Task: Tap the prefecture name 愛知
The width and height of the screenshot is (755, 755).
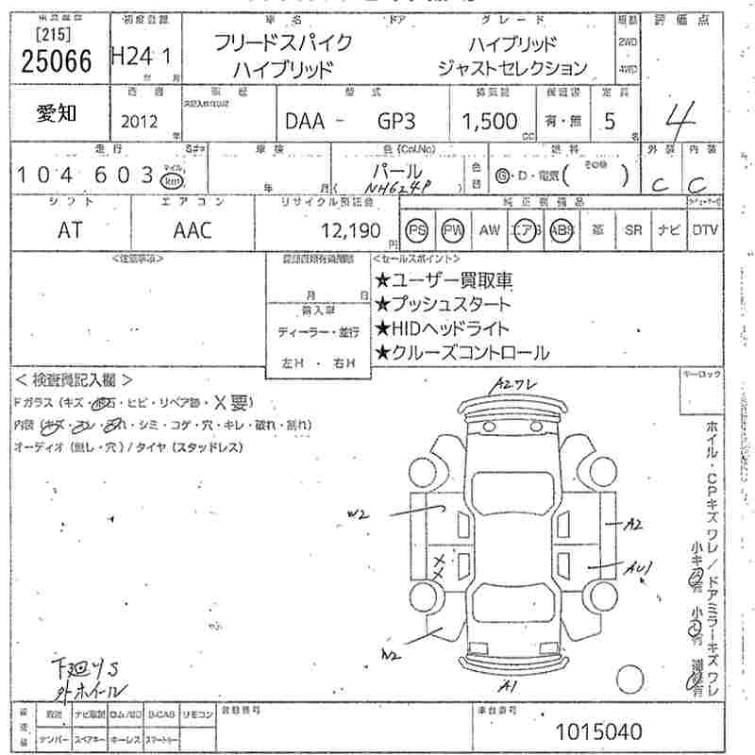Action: pyautogui.click(x=58, y=113)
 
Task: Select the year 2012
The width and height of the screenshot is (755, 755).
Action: pyautogui.click(x=140, y=121)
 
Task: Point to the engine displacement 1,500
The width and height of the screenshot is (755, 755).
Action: pyautogui.click(x=490, y=121)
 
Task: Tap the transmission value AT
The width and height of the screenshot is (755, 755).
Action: pyautogui.click(x=70, y=230)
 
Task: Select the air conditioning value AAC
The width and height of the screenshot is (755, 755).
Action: pyautogui.click(x=193, y=230)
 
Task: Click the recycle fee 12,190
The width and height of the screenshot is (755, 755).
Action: pyautogui.click(x=350, y=230)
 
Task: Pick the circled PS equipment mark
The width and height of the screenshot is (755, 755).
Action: pyautogui.click(x=417, y=230)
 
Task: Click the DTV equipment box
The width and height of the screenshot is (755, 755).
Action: pyautogui.click(x=703, y=230)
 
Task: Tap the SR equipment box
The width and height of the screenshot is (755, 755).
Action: pyautogui.click(x=632, y=230)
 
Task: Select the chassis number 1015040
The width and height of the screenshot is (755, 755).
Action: pyautogui.click(x=600, y=730)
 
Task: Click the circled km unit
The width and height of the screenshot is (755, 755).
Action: pyautogui.click(x=172, y=180)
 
